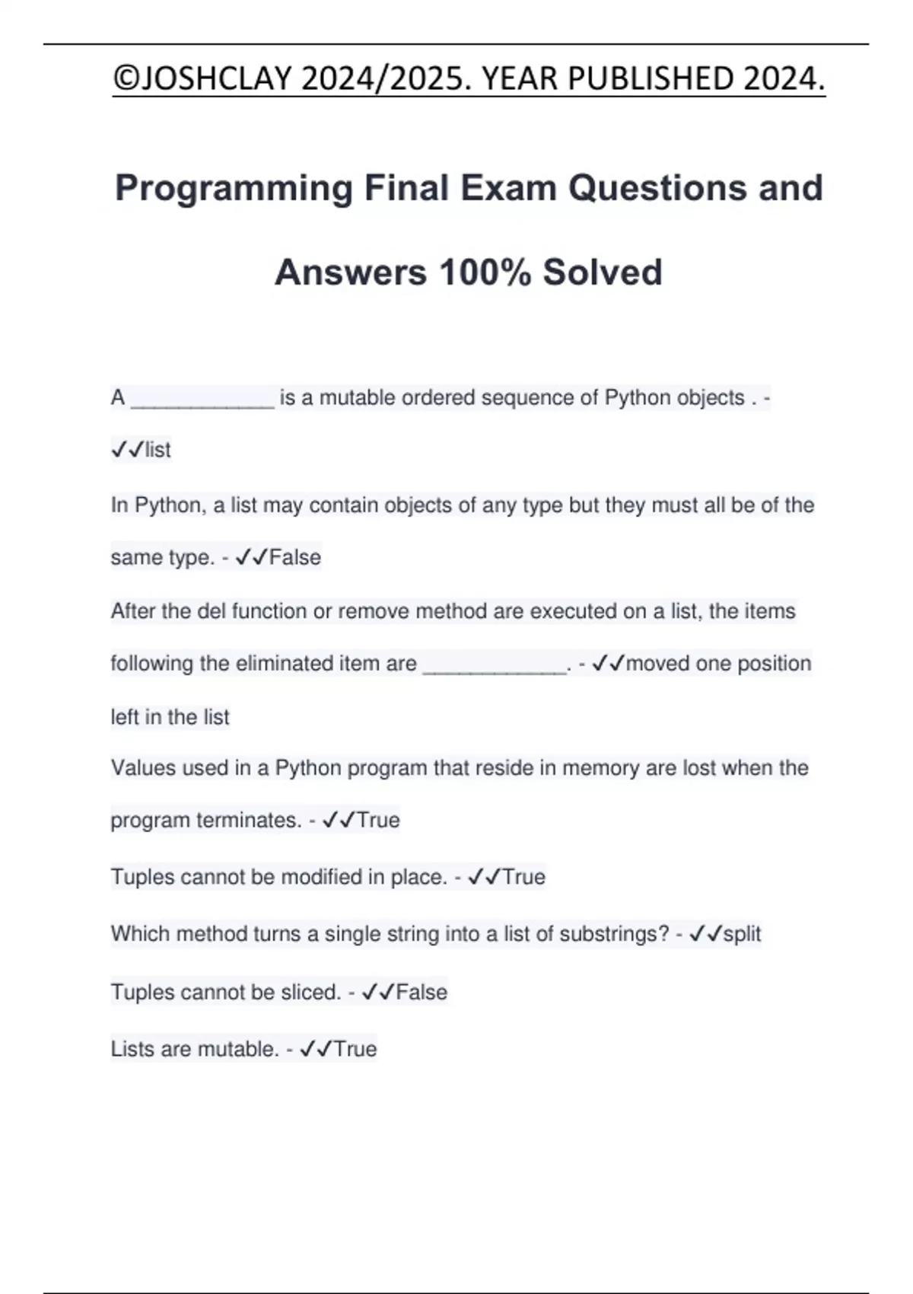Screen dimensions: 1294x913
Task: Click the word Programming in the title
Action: (234, 188)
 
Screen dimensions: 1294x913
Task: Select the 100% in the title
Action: (485, 273)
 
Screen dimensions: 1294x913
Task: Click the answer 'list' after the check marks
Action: (157, 450)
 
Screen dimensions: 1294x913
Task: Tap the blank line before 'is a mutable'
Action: (202, 399)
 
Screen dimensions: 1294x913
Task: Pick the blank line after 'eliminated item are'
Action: (495, 665)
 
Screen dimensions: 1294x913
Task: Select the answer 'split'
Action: (742, 934)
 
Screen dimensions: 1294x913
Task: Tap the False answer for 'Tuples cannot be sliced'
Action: (422, 993)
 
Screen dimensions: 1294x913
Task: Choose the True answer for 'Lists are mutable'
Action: (355, 1050)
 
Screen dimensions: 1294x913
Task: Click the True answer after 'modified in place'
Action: (523, 877)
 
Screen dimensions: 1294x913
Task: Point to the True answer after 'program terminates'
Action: (378, 821)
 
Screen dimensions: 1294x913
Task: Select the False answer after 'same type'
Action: (295, 558)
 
